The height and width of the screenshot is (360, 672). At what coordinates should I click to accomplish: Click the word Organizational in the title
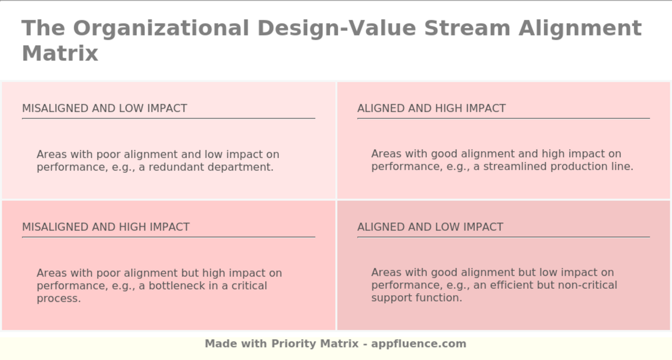161,28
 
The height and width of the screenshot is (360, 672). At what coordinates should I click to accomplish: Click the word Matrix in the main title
60,53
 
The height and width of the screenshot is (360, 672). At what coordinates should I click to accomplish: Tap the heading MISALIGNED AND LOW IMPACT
105,108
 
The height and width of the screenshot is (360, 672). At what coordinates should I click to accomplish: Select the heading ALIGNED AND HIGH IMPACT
431,108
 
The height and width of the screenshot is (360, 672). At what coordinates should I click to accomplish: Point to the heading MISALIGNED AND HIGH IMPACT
106,227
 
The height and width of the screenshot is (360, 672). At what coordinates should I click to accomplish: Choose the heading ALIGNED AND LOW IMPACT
430,227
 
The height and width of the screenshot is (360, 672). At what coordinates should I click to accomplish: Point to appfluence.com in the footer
419,344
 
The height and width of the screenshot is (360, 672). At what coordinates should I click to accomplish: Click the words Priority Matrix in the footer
315,344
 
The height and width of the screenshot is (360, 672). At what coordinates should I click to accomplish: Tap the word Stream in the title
467,28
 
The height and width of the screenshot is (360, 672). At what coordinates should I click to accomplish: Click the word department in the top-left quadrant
243,167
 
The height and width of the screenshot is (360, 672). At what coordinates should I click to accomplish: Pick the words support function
416,298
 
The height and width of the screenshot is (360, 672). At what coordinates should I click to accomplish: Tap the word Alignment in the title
580,28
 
